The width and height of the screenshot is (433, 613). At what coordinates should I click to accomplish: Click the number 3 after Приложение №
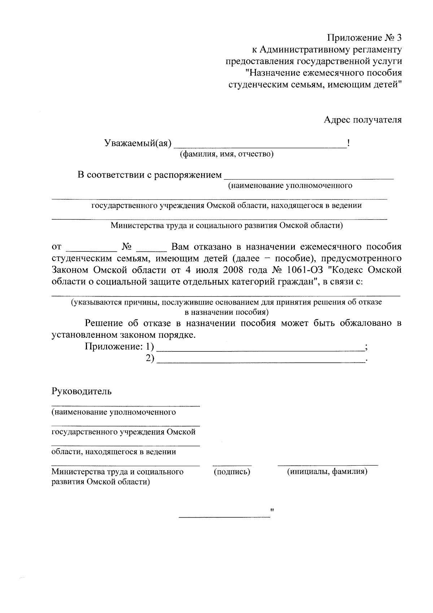coord(398,38)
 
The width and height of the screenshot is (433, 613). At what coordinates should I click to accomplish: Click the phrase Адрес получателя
coord(362,120)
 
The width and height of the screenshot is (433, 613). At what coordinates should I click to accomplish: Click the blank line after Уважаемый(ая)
coord(259,146)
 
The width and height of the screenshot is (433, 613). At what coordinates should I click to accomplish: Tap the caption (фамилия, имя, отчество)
coord(227,155)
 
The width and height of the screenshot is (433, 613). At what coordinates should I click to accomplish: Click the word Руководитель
coord(82,391)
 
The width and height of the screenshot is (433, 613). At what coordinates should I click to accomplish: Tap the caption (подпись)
coord(232,472)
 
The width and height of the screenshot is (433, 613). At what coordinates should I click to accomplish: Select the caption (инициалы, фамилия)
coord(327,472)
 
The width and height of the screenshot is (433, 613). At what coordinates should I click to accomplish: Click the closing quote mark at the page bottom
coord(272,511)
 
